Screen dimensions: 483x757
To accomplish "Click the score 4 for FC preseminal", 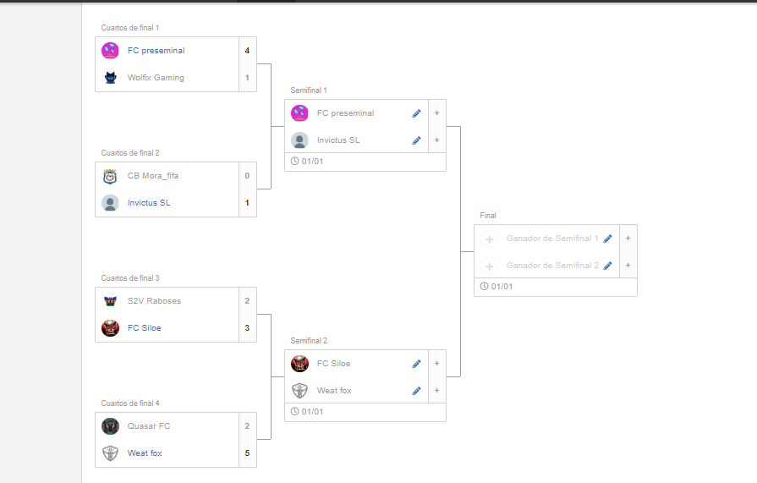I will click(x=247, y=51).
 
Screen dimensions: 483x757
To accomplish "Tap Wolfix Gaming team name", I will click(x=156, y=78).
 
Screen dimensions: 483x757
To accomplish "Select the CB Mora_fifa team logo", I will click(x=110, y=176).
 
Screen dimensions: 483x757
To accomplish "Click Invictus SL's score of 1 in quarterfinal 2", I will click(x=247, y=203).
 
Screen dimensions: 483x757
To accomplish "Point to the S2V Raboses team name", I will click(x=154, y=301).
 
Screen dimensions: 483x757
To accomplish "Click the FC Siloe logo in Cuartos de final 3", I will click(x=110, y=328).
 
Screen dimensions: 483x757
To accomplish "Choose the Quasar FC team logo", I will click(x=110, y=426).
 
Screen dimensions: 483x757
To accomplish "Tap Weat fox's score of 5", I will click(x=247, y=453).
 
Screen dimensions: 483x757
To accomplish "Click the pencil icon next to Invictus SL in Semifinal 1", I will click(x=416, y=140).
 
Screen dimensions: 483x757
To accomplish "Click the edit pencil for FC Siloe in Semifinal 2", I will click(x=416, y=364).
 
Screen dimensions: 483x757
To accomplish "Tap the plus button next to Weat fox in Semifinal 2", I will click(x=436, y=391).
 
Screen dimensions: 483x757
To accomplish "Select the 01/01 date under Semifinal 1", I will click(x=313, y=162).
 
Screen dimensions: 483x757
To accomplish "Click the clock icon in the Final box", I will click(x=484, y=287).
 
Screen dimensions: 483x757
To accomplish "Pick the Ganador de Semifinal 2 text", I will click(x=552, y=266).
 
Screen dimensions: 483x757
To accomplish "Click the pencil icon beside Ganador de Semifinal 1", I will click(x=607, y=239).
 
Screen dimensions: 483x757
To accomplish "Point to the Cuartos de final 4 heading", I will click(x=130, y=403).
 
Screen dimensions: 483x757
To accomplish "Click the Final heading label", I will click(x=488, y=216).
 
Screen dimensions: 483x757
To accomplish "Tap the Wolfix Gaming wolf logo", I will click(x=110, y=78).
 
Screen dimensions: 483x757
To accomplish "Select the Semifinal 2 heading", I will click(x=309, y=341).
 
